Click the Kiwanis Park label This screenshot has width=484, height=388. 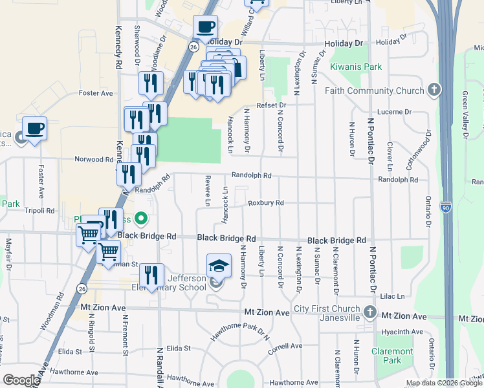pyautogui.click(x=356, y=67)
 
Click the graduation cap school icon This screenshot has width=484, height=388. pyautogui.click(x=219, y=266)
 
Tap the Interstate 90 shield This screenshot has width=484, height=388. pyautogui.click(x=446, y=207)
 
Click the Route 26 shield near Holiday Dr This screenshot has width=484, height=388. pyautogui.click(x=193, y=47)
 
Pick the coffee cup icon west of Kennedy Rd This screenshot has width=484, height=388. pyautogui.click(x=34, y=128)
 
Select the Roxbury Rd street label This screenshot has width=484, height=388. pyautogui.click(x=266, y=203)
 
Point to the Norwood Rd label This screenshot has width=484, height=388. pyautogui.click(x=94, y=159)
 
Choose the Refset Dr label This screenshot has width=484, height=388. pyautogui.click(x=270, y=105)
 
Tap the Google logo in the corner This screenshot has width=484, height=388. pyautogui.click(x=21, y=380)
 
